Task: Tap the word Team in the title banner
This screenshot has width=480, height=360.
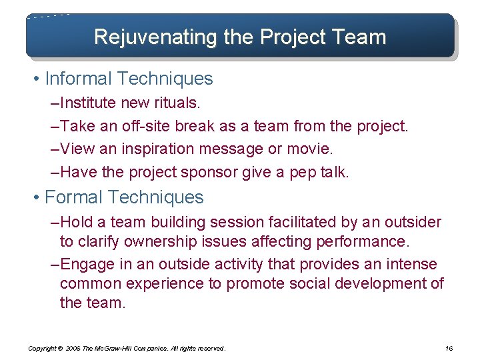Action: click(361, 37)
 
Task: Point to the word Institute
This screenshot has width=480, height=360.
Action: click(91, 103)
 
